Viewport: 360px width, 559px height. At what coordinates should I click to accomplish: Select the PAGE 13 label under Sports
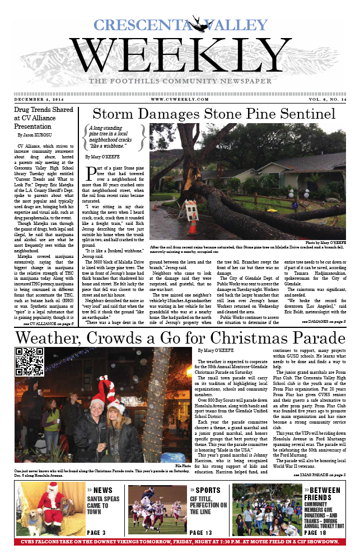click(x=201, y=533)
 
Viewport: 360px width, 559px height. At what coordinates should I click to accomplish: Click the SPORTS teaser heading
click(x=208, y=490)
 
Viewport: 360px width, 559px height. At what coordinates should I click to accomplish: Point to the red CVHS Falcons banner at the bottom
click(x=180, y=542)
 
